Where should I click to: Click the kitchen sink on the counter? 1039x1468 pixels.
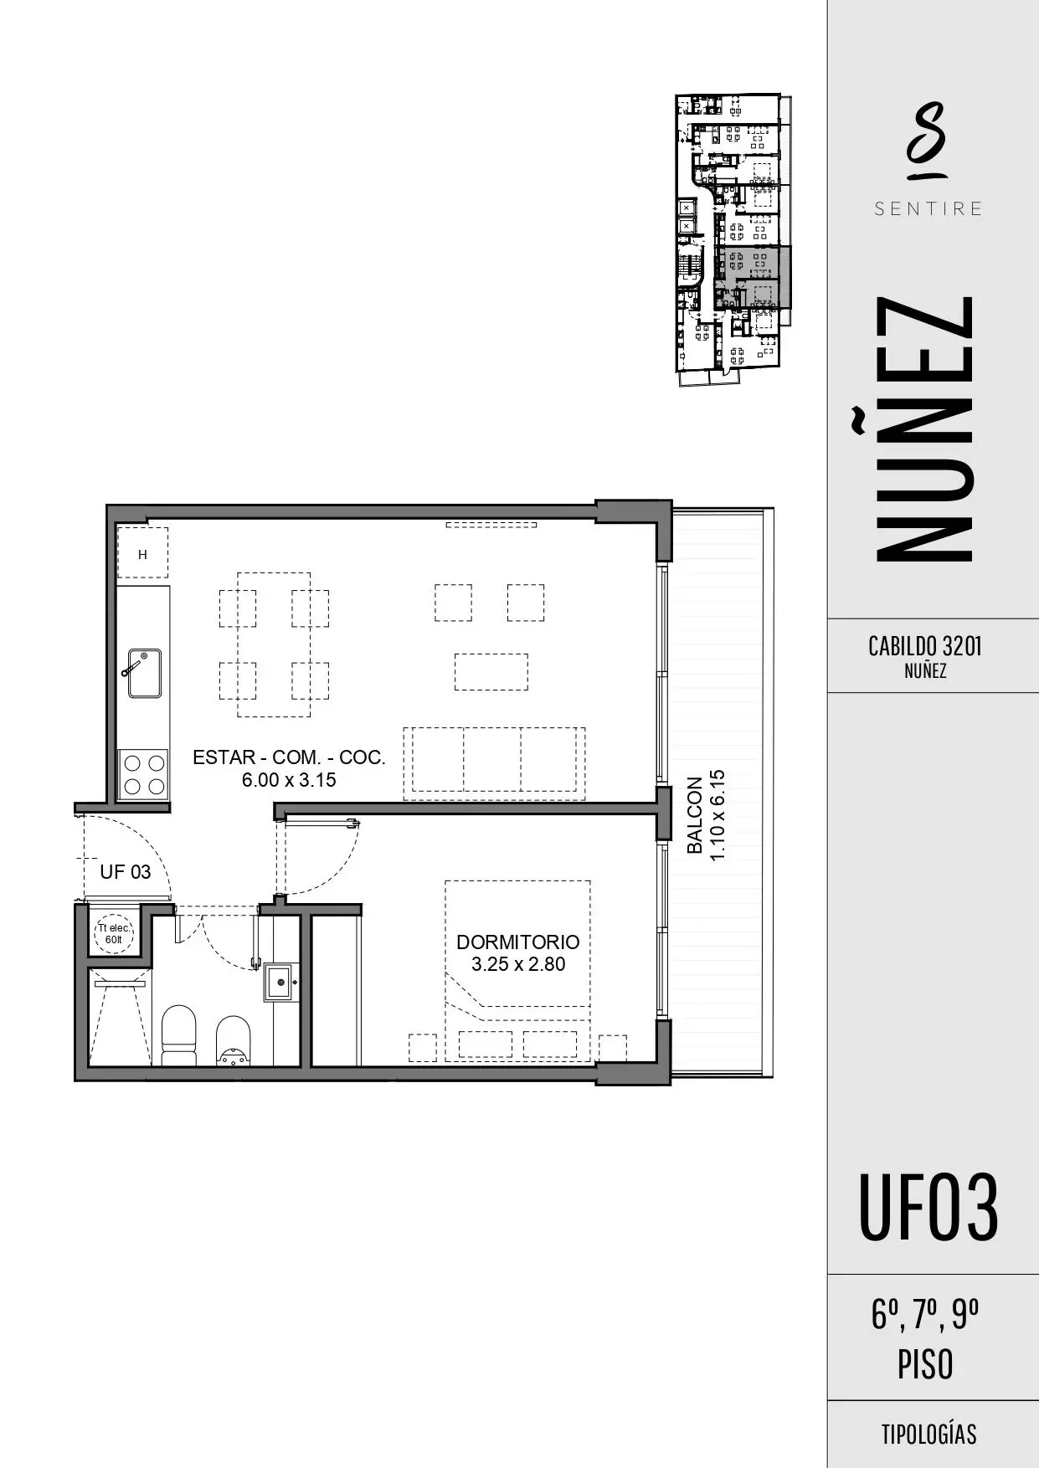[144, 673]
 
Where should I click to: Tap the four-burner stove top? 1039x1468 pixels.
[143, 774]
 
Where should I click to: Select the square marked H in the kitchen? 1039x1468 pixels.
[142, 553]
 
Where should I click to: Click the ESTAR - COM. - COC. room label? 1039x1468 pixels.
[289, 757]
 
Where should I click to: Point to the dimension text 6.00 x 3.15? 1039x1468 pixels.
[289, 780]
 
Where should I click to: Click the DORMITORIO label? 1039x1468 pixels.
[518, 942]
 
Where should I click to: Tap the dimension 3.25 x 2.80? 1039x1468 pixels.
[518, 964]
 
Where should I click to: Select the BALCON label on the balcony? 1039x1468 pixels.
[695, 815]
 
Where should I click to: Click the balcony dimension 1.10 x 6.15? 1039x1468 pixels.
[718, 815]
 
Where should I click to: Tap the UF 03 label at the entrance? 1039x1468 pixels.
[126, 872]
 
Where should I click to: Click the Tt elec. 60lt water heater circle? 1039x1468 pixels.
[114, 933]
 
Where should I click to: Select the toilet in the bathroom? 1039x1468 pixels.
[177, 1035]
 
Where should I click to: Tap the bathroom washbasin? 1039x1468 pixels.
[282, 983]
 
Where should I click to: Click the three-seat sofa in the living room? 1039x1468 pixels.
[494, 763]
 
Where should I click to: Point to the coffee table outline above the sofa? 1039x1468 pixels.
[491, 672]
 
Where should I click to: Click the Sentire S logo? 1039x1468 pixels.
[928, 141]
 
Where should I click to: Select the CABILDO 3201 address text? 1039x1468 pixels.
[925, 646]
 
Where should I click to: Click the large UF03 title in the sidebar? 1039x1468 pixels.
[928, 1207]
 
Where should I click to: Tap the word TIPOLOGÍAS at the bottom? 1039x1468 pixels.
[928, 1434]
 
